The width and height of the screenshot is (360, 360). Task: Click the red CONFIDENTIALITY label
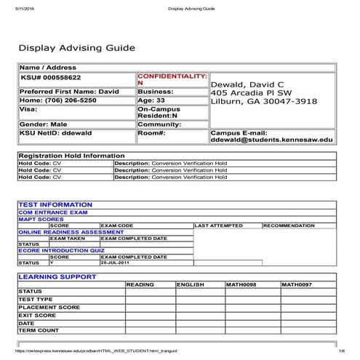point(172,76)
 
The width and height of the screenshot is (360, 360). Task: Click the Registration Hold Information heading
point(71,156)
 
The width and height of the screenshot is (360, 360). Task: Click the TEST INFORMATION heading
point(55,205)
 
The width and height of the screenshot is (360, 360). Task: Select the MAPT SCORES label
point(41,219)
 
